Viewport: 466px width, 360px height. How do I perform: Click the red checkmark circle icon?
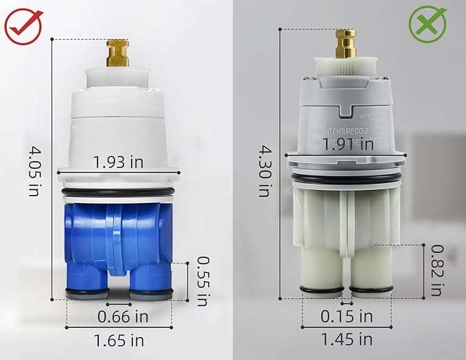[23, 26]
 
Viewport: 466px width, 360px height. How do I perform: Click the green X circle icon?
[428, 26]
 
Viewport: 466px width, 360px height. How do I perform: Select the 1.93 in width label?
[118, 162]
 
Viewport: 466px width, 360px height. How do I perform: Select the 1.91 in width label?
[348, 145]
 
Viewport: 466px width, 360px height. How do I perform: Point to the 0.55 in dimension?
[202, 280]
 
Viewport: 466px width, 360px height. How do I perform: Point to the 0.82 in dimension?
[436, 271]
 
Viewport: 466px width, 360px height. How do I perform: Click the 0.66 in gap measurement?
[123, 317]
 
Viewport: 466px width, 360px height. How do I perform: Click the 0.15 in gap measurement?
[347, 316]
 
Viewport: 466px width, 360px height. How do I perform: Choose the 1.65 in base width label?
[120, 339]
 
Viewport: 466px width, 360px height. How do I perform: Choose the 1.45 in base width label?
[347, 339]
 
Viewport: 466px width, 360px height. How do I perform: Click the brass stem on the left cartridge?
[118, 53]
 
